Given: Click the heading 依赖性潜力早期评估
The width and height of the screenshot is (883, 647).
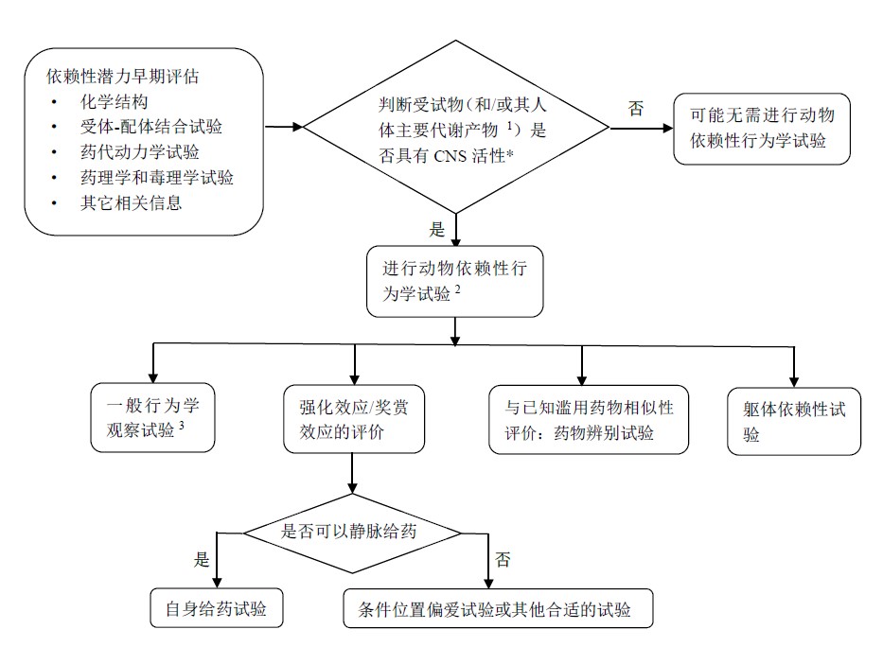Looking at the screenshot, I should [x=137, y=75].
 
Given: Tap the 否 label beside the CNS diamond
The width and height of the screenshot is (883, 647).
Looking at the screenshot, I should [x=635, y=108].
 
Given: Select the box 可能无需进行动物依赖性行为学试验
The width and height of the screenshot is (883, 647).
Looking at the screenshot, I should [x=761, y=129].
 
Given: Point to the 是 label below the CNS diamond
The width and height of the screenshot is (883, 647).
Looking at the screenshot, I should [x=436, y=229].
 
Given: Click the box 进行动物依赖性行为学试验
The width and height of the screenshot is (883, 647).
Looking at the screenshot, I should [x=454, y=281].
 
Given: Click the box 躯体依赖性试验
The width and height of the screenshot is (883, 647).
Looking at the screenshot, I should [x=794, y=422].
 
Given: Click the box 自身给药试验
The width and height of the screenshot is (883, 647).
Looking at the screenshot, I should [x=218, y=608].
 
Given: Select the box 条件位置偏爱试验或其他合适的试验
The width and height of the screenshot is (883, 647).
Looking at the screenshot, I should [x=498, y=608].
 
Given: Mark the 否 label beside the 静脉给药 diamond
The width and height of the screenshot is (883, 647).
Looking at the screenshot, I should [x=503, y=559].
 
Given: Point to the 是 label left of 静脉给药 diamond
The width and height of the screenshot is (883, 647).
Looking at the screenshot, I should [x=201, y=559].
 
